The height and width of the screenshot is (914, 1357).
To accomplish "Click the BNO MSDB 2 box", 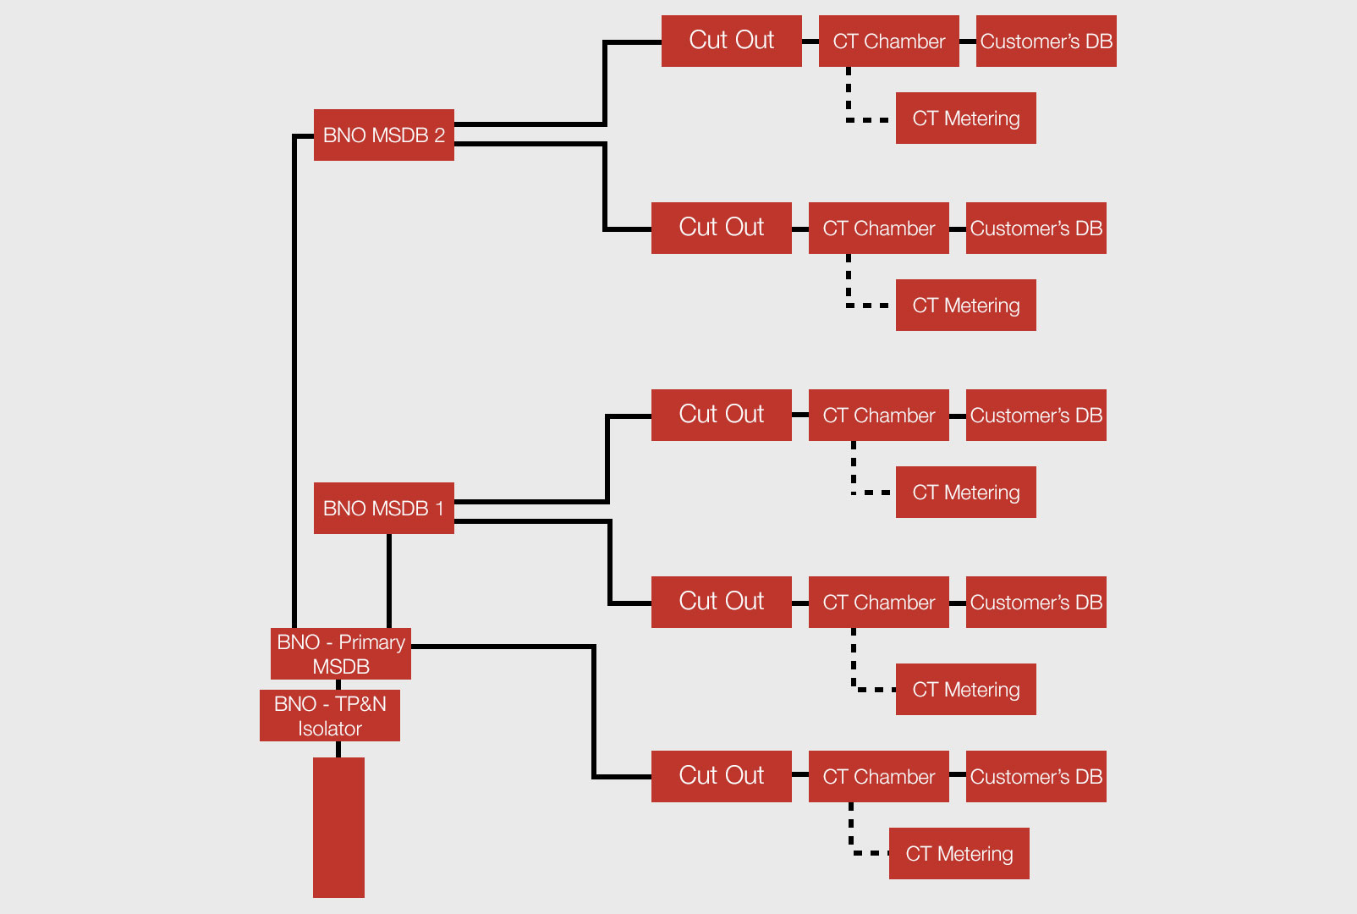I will (383, 135).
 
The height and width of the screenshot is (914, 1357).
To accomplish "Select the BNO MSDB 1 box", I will (383, 508).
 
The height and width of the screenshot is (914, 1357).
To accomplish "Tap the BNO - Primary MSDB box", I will (340, 653).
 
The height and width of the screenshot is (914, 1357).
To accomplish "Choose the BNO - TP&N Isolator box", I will (329, 715).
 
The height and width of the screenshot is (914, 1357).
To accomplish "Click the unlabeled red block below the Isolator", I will (338, 827).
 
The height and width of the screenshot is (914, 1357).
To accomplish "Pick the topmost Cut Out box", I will (731, 41).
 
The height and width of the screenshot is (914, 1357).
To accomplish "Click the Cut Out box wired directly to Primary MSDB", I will (721, 776).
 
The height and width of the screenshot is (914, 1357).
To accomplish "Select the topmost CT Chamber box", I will (888, 41).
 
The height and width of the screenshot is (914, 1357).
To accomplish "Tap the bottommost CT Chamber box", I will (878, 776).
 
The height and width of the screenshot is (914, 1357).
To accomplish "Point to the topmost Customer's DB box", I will (1046, 41).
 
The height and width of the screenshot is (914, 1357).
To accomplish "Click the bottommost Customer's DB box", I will (1036, 776).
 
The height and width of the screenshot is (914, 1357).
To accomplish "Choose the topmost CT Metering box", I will (965, 118).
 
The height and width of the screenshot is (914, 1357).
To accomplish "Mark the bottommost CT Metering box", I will (959, 853).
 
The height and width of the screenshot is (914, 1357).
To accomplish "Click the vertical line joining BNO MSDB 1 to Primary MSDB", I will (389, 581).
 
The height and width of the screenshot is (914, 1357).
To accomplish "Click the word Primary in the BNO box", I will (371, 642).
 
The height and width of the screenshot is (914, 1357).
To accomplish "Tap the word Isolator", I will (330, 729).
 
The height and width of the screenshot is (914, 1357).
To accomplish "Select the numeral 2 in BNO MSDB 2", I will (439, 135).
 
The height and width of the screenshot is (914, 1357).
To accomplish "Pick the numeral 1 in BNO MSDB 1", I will (439, 509).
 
